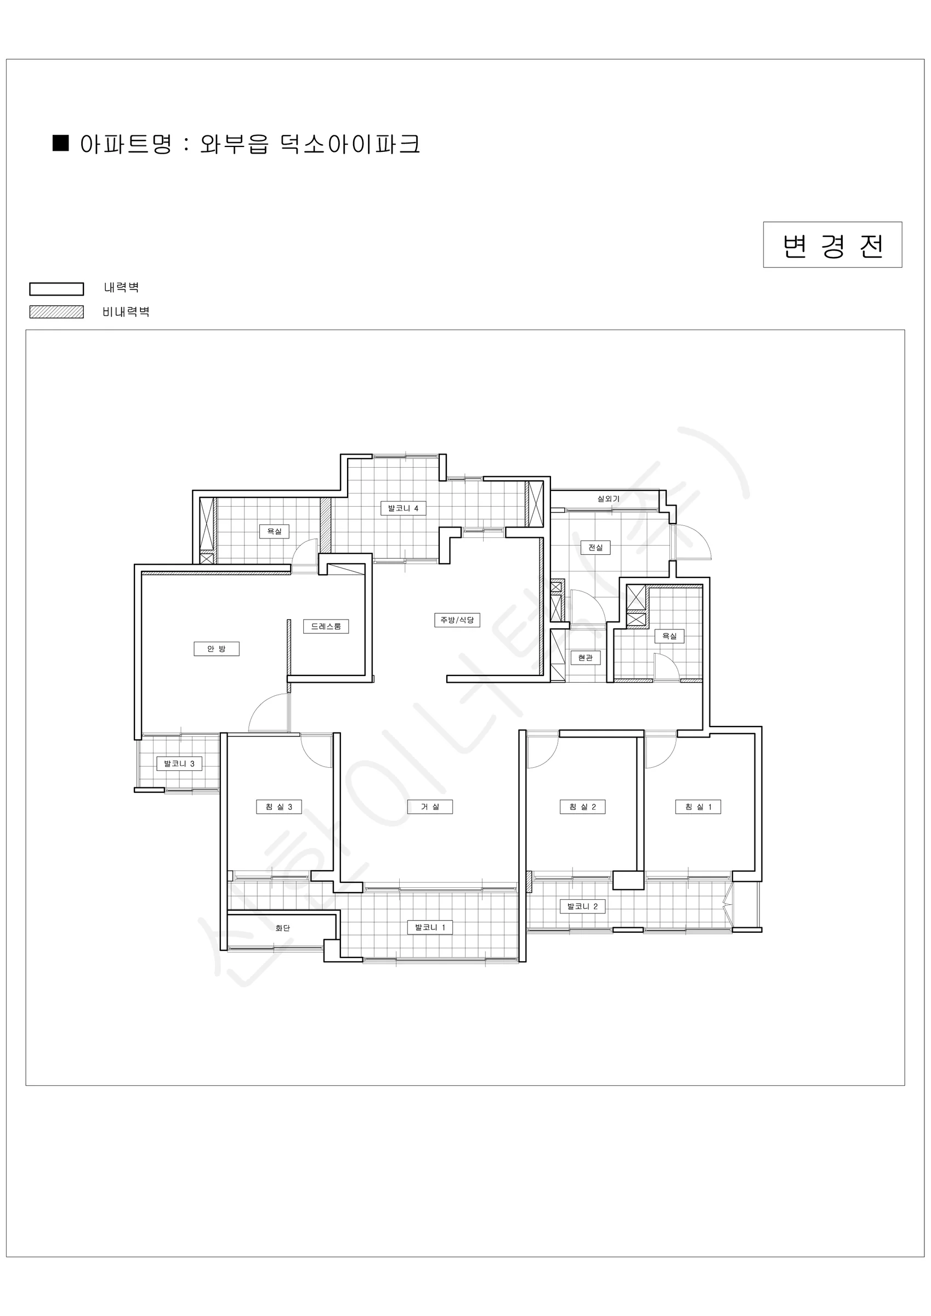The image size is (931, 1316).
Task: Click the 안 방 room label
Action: (x=216, y=649)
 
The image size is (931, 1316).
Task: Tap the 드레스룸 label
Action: (x=326, y=627)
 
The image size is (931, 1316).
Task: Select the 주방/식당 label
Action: (x=457, y=620)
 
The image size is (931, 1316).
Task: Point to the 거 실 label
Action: (x=430, y=807)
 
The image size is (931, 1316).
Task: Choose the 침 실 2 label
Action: (x=582, y=807)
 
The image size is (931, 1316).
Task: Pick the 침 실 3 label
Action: (x=279, y=807)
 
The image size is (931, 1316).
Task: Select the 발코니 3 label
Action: (x=179, y=763)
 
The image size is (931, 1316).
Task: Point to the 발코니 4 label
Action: (x=403, y=508)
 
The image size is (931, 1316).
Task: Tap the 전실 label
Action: (x=595, y=547)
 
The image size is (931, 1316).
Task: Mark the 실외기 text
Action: (x=608, y=498)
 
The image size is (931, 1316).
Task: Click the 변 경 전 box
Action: (x=832, y=245)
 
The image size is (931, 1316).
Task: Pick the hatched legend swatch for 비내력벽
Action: (x=57, y=312)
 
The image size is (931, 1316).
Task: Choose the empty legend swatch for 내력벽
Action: (x=57, y=289)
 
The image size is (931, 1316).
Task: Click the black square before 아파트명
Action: (x=61, y=143)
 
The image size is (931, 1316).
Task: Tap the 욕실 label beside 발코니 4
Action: (x=274, y=531)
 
